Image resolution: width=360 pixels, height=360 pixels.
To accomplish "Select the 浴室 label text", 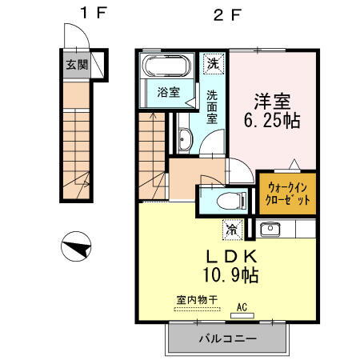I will click(168, 91).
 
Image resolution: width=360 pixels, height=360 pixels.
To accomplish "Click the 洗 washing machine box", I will click(213, 62).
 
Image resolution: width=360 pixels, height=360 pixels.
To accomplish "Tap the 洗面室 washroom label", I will click(213, 106).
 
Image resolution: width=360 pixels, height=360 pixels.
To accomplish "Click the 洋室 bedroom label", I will click(271, 102).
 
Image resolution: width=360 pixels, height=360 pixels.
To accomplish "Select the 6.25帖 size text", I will click(271, 123).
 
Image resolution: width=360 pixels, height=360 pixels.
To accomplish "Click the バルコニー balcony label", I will click(228, 339).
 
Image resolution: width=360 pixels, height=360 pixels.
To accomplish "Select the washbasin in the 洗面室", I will click(183, 141).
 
